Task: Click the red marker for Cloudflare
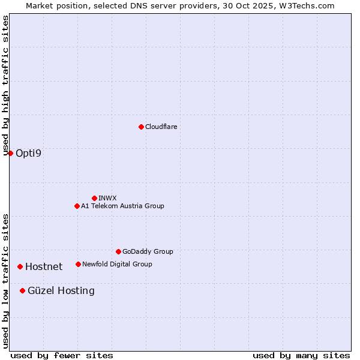pyautogui.click(x=141, y=127)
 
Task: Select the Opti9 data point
pyautogui.click(x=10, y=153)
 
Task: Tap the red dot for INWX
pyautogui.click(x=94, y=198)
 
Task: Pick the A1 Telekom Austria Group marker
pyautogui.click(x=77, y=206)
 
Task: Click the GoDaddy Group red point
pyautogui.click(x=118, y=251)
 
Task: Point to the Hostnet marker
pyautogui.click(x=20, y=266)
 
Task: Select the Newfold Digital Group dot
pyautogui.click(x=78, y=264)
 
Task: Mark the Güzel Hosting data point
pyautogui.click(x=22, y=290)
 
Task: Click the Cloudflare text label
pyautogui.click(x=161, y=127)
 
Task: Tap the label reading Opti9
pyautogui.click(x=29, y=153)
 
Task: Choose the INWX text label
pyautogui.click(x=107, y=198)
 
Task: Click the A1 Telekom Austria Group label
pyautogui.click(x=122, y=206)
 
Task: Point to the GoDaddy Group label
pyautogui.click(x=148, y=251)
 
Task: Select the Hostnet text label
pyautogui.click(x=44, y=266)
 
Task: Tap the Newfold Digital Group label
pyautogui.click(x=117, y=264)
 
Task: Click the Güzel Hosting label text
pyautogui.click(x=61, y=290)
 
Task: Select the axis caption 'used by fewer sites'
pyautogui.click(x=62, y=355)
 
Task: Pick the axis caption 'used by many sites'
pyautogui.click(x=301, y=355)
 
